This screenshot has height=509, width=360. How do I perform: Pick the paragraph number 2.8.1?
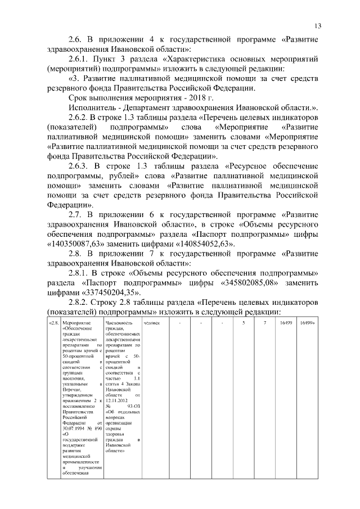point(80,274)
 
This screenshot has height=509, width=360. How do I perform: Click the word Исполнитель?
point(93,107)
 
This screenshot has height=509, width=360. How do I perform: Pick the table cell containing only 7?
point(264,323)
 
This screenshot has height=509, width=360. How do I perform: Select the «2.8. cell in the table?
point(54,323)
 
